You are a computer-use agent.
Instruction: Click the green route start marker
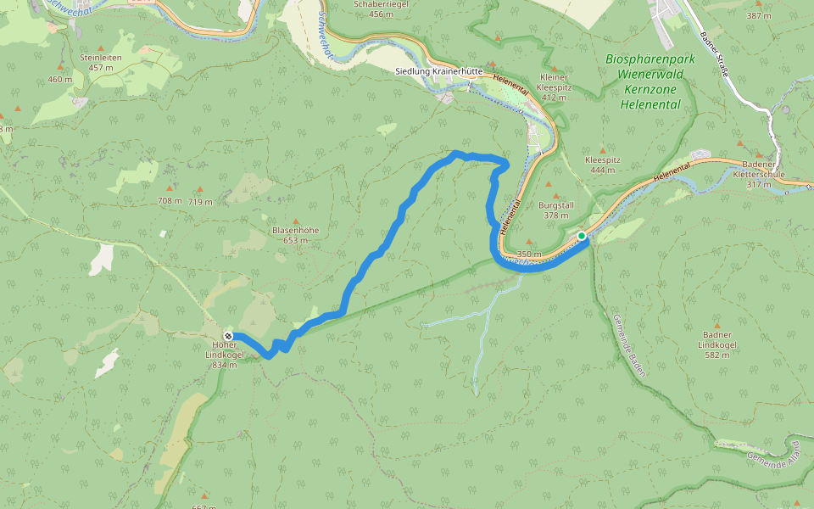pyautogui.click(x=582, y=236)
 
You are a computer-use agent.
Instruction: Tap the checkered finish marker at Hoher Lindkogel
pyautogui.click(x=228, y=336)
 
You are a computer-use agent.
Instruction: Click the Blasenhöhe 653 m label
pyautogui.click(x=295, y=235)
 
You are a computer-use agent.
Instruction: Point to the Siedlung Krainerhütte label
pyautogui.click(x=439, y=72)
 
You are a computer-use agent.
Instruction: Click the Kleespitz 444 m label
pyautogui.click(x=603, y=165)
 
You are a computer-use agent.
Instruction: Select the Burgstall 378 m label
pyautogui.click(x=556, y=210)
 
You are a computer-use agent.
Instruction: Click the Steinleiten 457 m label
pyautogui.click(x=101, y=62)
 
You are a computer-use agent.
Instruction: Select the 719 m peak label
pyautogui.click(x=200, y=201)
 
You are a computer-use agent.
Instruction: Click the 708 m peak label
pyautogui.click(x=170, y=201)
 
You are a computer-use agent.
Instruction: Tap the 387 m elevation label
pyautogui.click(x=758, y=16)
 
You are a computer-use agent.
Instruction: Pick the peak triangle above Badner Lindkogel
pyautogui.click(x=716, y=326)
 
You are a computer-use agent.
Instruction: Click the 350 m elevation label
pyautogui.click(x=528, y=254)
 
